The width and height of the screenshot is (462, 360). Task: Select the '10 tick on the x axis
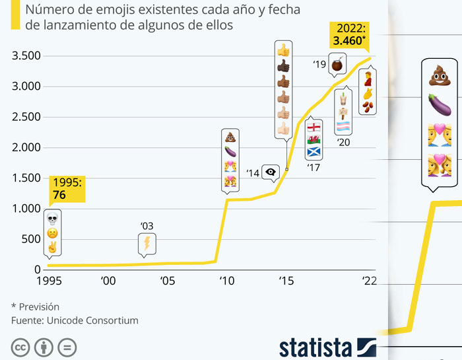[x=227, y=280]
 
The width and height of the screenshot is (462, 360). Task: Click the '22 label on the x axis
[x=368, y=280]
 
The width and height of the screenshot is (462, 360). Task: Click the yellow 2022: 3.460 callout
[x=350, y=35]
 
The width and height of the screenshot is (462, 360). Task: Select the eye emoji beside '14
[x=271, y=172]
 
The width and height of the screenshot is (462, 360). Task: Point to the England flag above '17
[x=314, y=127]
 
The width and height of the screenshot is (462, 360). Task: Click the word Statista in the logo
[x=316, y=347]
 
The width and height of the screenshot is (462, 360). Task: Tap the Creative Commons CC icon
[x=21, y=347]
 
